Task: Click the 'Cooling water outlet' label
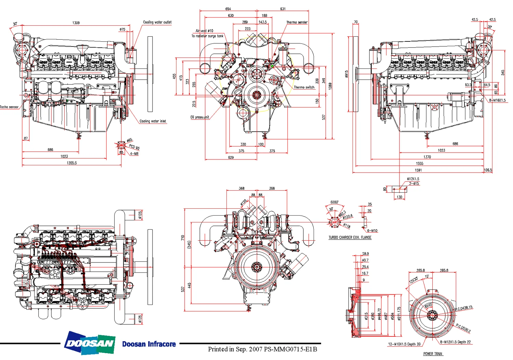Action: tap(157, 22)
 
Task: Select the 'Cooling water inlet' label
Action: tap(153, 121)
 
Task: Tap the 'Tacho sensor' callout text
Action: tap(9, 107)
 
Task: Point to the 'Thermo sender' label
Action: tap(297, 22)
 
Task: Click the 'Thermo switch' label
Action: tap(304, 87)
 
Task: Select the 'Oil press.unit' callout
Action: tap(200, 117)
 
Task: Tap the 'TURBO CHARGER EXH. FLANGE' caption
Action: tap(350, 237)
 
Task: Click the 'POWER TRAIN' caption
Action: tap(433, 354)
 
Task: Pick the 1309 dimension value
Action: tap(76, 23)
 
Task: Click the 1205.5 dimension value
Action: tap(72, 163)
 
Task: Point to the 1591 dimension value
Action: tap(418, 170)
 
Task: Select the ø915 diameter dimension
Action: tap(346, 74)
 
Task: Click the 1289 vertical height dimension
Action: tap(330, 86)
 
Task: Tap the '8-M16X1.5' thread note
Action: tap(497, 100)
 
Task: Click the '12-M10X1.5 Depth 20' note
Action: tap(404, 344)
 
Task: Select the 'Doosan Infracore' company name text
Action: tap(149, 344)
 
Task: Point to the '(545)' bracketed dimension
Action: tap(189, 245)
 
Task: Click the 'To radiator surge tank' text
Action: tap(207, 36)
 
